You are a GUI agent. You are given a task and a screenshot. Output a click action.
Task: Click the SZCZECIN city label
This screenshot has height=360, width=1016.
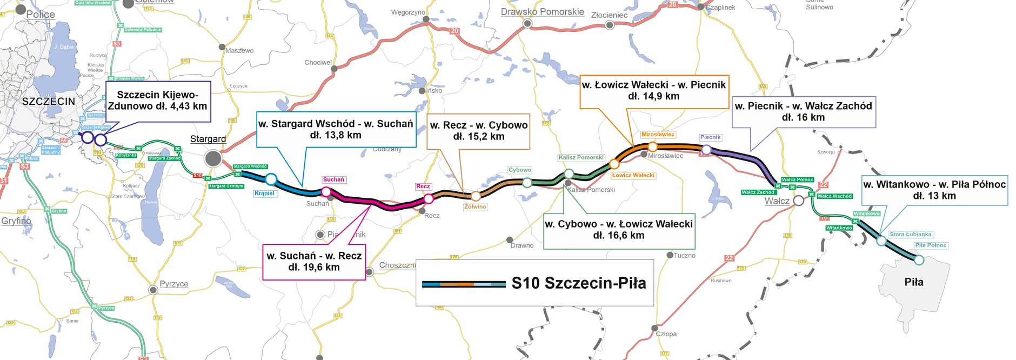(49, 101)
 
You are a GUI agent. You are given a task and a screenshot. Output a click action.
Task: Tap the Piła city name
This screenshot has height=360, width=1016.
(914, 282)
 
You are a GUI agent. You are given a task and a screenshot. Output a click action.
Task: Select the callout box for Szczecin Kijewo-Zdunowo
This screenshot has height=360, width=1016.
(157, 101)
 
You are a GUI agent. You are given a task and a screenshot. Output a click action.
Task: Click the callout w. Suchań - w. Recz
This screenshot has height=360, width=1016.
(314, 262)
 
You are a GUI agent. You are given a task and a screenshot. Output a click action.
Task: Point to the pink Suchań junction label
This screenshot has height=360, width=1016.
(333, 179)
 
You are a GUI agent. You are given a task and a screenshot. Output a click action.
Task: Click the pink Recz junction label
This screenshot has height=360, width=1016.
(423, 186)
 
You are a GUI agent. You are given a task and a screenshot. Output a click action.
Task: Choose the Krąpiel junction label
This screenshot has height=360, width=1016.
(264, 194)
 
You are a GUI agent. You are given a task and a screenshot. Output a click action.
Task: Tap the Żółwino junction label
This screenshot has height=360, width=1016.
(475, 206)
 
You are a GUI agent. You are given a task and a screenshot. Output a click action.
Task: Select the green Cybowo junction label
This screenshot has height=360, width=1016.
(520, 170)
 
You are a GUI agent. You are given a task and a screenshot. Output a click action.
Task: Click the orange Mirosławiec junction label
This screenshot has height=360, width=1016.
(658, 135)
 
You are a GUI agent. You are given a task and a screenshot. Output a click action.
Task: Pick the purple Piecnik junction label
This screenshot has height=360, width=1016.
(710, 137)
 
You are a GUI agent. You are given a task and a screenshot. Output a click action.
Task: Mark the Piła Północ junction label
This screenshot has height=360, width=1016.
(931, 245)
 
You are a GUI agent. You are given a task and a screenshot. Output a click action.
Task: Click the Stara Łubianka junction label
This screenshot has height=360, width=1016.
(910, 235)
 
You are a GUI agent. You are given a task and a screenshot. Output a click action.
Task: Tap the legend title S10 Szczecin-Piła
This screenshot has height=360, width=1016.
(578, 283)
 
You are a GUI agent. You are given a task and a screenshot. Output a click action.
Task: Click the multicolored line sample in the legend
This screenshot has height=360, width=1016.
(464, 284)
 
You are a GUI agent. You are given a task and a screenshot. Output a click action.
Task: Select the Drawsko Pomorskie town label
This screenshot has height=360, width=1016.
(542, 12)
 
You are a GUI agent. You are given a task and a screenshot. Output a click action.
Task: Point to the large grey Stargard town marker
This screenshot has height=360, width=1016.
(213, 159)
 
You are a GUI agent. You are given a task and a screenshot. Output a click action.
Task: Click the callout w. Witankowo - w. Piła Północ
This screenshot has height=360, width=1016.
(934, 190)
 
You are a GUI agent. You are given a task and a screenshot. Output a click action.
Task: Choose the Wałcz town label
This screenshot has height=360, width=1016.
(777, 201)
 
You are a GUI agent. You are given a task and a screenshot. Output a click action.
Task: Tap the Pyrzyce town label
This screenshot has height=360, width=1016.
(174, 284)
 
